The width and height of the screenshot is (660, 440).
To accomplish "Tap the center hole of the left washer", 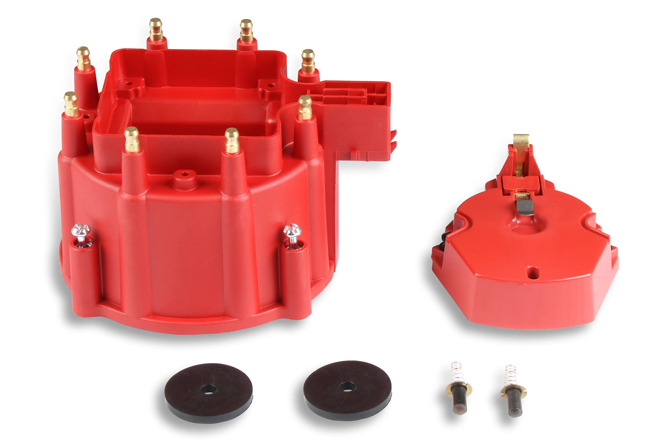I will pos(209,389).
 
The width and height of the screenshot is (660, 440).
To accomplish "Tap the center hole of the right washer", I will pos(347,387).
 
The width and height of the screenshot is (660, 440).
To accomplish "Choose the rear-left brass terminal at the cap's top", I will pos(156,30).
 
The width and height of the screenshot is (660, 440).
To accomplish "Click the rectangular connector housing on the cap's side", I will pos(356,112).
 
